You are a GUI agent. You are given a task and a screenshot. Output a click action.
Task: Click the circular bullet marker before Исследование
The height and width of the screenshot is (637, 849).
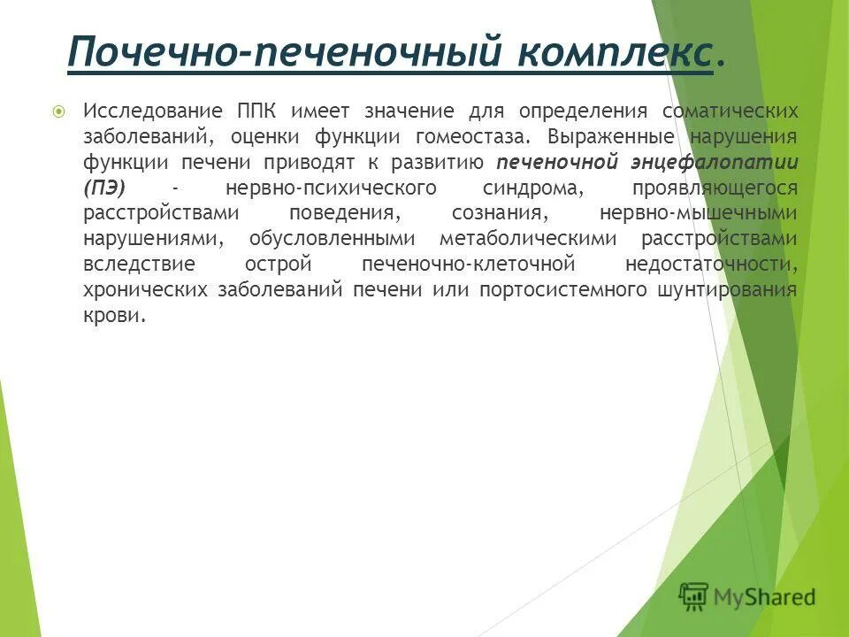pyautogui.click(x=59, y=111)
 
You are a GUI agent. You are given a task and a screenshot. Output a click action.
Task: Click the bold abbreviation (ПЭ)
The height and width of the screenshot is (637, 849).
pyautogui.click(x=105, y=188)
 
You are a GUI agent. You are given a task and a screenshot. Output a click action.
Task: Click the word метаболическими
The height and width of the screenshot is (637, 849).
pyautogui.click(x=528, y=240)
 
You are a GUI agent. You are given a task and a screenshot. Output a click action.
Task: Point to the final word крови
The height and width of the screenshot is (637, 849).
pyautogui.click(x=113, y=317)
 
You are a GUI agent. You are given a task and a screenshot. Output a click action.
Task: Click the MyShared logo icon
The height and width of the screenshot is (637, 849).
pyautogui.click(x=693, y=597)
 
